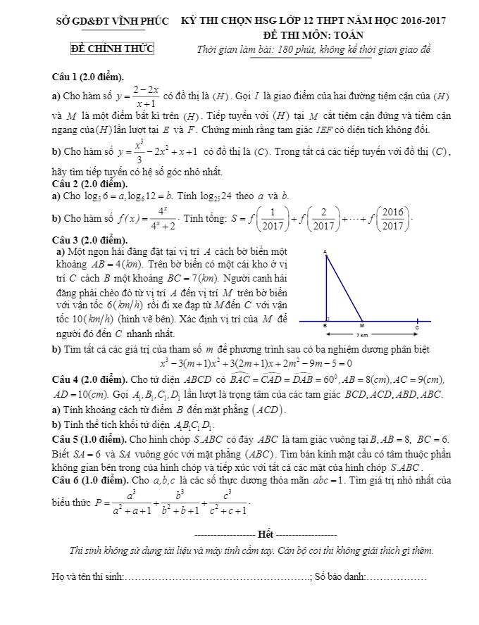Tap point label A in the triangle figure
tap(325, 251)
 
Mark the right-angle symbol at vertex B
tap(328, 319)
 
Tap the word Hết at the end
tap(266, 531)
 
